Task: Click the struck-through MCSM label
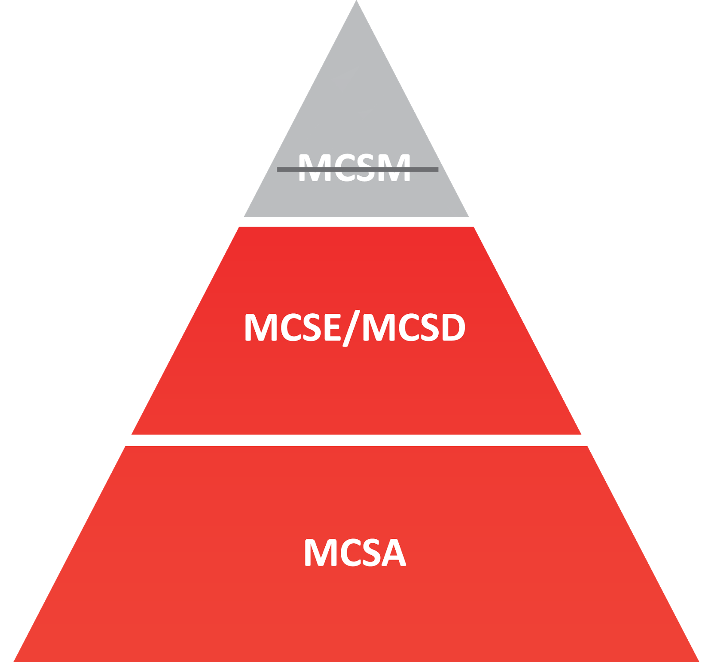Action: (x=354, y=167)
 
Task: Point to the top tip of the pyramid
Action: (x=356, y=3)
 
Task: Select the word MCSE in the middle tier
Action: (x=292, y=327)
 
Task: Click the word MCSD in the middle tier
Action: (x=414, y=327)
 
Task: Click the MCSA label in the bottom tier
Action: (x=354, y=553)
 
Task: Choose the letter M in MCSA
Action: (x=318, y=553)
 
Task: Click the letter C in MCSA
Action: (x=344, y=553)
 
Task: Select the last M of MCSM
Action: (x=395, y=167)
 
